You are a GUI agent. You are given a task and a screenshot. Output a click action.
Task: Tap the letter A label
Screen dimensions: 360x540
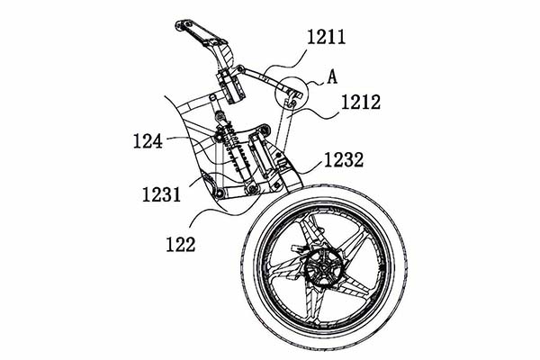point(332,77)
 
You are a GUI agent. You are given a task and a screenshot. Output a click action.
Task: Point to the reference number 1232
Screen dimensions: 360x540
point(344,161)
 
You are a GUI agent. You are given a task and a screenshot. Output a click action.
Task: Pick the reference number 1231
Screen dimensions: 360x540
point(161,193)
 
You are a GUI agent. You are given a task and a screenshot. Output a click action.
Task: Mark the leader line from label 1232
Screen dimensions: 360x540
point(306,166)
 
